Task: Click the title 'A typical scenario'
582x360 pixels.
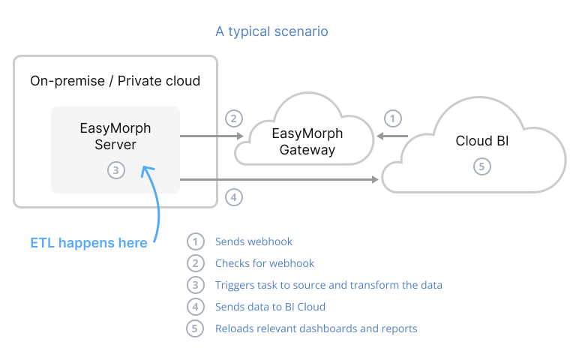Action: (271, 31)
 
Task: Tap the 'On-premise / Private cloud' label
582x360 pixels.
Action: (115, 81)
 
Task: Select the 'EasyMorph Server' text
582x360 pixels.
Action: (115, 136)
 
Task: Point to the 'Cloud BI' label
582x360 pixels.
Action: (482, 141)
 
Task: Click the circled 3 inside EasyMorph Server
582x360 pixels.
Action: (115, 170)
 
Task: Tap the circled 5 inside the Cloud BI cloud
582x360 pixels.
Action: (482, 166)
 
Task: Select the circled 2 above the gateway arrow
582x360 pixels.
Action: (234, 118)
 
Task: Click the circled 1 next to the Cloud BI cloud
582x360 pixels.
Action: (392, 118)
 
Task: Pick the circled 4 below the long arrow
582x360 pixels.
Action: (234, 198)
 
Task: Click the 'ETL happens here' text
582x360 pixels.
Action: (88, 243)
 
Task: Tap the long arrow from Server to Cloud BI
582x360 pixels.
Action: (277, 180)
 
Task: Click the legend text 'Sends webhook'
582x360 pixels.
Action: (253, 241)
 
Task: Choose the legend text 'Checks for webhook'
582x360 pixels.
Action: (264, 263)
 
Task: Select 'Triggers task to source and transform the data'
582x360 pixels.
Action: (328, 285)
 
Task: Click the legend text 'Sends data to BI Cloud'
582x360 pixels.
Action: (270, 307)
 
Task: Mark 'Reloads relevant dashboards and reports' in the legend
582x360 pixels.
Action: (316, 328)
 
